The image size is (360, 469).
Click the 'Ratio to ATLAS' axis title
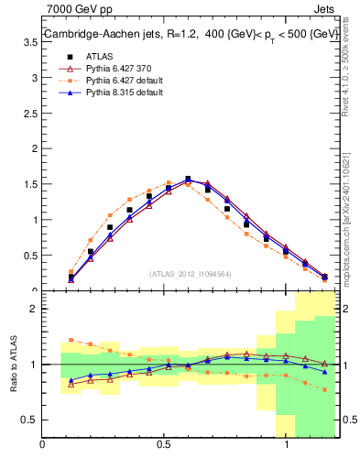tap(12, 364)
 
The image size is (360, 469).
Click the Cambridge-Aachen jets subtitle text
tap(191, 33)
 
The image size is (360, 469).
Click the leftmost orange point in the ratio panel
tap(71, 340)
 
